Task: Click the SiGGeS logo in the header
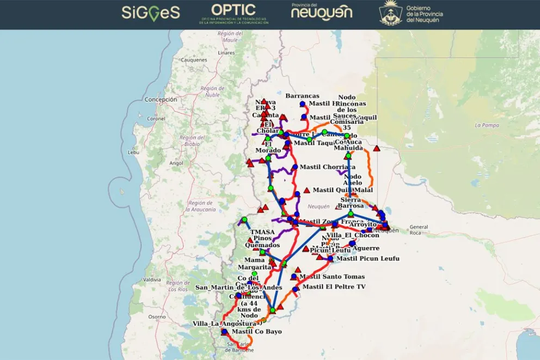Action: pyautogui.click(x=150, y=12)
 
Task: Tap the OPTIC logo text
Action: pyautogui.click(x=233, y=10)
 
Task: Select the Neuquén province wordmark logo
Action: pyautogui.click(x=322, y=11)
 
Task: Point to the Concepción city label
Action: pyautogui.click(x=161, y=100)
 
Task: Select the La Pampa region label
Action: pyautogui.click(x=486, y=125)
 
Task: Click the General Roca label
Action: pyautogui.click(x=419, y=229)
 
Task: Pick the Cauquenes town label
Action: pyautogui.click(x=194, y=60)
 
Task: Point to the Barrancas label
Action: pyautogui.click(x=302, y=96)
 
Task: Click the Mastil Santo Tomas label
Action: pyautogui.click(x=332, y=277)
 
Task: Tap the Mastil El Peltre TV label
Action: pyautogui.click(x=334, y=287)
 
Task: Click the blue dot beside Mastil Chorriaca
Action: pyautogui.click(x=294, y=167)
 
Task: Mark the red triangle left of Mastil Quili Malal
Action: pyautogui.click(x=306, y=190)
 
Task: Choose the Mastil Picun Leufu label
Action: pyautogui.click(x=368, y=259)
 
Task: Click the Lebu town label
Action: pyautogui.click(x=133, y=152)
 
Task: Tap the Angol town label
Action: pyautogui.click(x=176, y=163)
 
